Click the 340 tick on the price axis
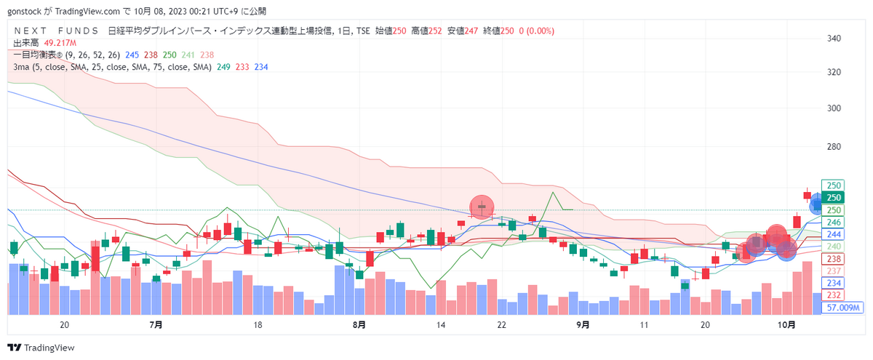[834, 38]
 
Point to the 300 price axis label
[834, 108]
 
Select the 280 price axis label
[834, 146]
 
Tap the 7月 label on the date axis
[156, 324]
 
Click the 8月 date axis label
[359, 324]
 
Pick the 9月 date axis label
[583, 324]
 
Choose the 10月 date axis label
[786, 324]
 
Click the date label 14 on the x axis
[440, 324]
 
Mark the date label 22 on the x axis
[501, 324]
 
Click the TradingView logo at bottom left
[41, 347]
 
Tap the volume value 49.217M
[60, 43]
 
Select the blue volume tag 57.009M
[842, 308]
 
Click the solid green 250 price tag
[833, 198]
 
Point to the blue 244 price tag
[833, 234]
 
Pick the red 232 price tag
[833, 295]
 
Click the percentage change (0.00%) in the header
[540, 31]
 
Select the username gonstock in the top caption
[24, 12]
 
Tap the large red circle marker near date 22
[482, 207]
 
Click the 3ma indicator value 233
[242, 67]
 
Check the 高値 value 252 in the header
[435, 31]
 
